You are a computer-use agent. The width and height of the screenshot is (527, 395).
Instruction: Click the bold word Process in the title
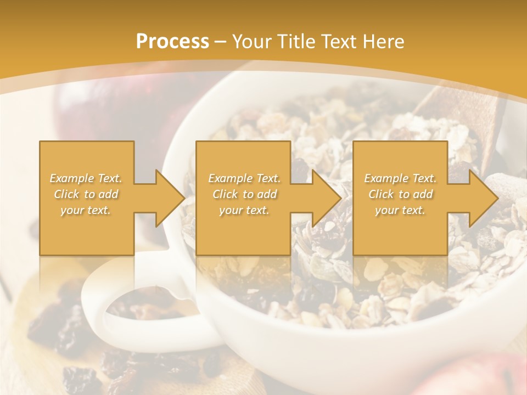[172, 42]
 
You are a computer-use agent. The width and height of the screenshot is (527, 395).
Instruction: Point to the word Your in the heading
[253, 42]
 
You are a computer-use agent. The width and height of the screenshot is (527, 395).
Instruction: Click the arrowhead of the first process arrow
[170, 198]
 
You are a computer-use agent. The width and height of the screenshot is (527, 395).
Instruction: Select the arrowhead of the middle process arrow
[327, 198]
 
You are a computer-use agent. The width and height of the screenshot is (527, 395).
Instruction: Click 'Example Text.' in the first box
[86, 178]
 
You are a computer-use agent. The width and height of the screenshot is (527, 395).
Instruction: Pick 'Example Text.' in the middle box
[244, 178]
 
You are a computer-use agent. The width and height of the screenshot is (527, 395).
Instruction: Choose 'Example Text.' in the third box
[400, 178]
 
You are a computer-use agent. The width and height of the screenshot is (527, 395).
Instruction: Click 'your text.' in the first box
[86, 210]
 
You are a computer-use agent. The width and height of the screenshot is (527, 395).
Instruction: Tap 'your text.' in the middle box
[244, 210]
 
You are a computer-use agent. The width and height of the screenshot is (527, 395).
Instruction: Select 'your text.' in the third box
[400, 210]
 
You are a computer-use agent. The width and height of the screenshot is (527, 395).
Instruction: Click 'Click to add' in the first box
[86, 194]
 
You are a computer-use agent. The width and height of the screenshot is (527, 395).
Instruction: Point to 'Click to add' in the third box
[400, 194]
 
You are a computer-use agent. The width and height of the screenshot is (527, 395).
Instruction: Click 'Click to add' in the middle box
[244, 194]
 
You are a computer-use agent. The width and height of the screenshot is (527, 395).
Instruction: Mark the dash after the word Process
[220, 42]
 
